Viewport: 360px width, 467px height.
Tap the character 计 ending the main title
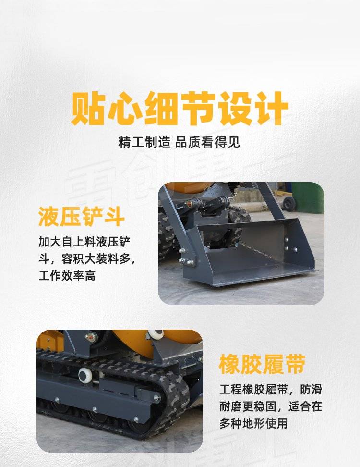click(x=272, y=109)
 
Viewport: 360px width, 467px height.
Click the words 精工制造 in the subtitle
click(x=144, y=142)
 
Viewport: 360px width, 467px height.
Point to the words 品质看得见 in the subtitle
click(x=208, y=142)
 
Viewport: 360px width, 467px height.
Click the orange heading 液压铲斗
click(x=81, y=217)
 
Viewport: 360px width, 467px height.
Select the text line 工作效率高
click(x=67, y=276)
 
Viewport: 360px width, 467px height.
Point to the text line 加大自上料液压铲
click(x=84, y=242)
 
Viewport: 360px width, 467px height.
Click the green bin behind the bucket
click(x=308, y=197)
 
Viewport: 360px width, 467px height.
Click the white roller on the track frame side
click(x=86, y=375)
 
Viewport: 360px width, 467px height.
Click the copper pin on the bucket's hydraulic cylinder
click(x=189, y=204)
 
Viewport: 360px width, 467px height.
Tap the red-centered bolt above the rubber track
click(x=91, y=337)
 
